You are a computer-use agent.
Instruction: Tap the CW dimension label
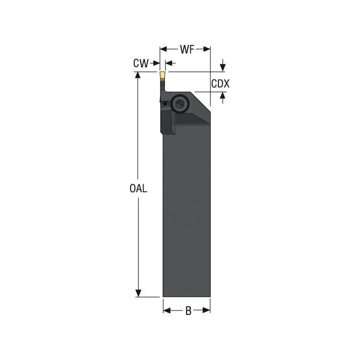(140, 63)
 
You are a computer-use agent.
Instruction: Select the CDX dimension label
(220, 84)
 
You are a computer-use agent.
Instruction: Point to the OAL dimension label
(138, 189)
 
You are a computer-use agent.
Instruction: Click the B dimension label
(188, 310)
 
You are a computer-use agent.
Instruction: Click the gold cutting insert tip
(162, 75)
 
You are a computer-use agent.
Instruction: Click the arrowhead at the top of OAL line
(139, 75)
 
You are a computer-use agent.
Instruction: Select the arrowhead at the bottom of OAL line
(139, 293)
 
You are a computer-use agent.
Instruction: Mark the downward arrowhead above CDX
(223, 68)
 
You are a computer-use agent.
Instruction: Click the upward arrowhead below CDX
(223, 95)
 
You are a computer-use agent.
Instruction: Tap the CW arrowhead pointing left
(168, 63)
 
